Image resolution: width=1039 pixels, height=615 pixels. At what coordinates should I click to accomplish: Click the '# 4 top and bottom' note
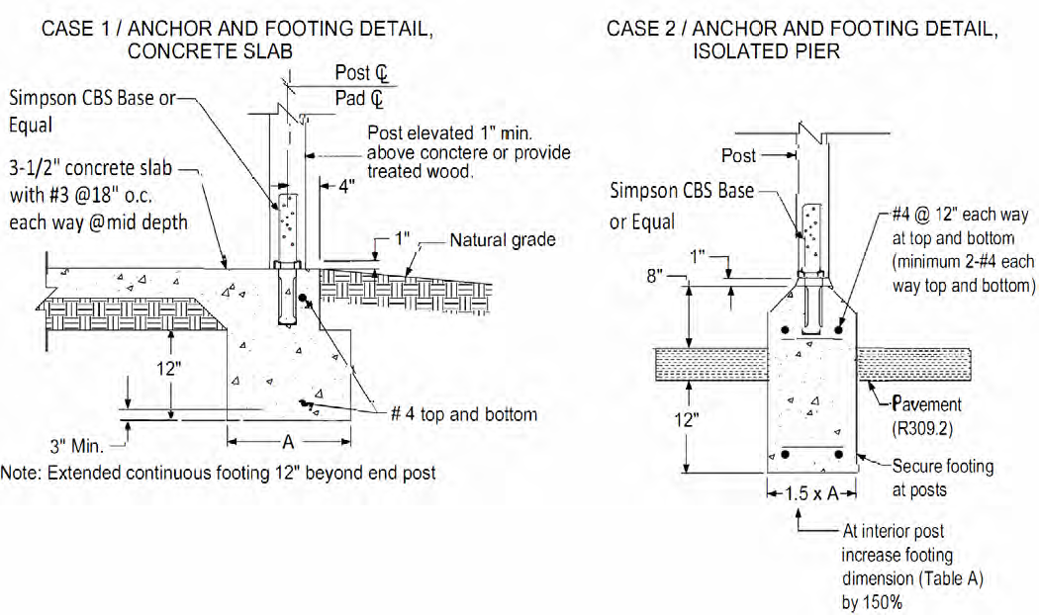pos(464,413)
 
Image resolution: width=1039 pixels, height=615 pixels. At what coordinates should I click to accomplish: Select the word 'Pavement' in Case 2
pos(926,404)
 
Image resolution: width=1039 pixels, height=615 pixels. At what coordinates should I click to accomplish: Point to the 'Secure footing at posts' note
pos(942,477)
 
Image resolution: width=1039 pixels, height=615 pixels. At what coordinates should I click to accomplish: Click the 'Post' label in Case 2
pos(738,155)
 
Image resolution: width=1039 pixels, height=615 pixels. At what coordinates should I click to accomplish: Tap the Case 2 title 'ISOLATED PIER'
pos(766,52)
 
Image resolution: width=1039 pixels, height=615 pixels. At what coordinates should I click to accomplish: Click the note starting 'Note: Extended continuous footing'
pos(218,473)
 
